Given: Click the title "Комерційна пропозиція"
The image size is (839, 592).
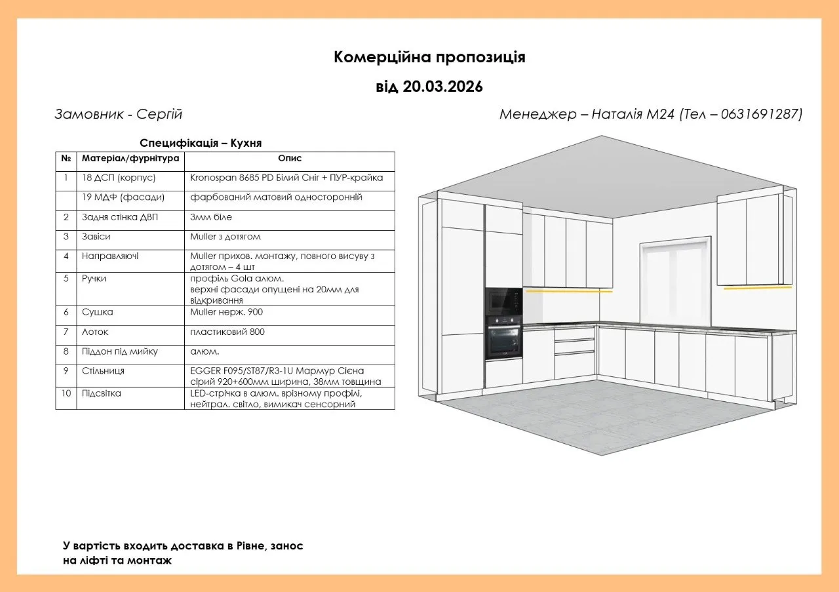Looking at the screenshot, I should pos(429,58).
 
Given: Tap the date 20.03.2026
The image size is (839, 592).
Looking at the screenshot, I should pos(443,87).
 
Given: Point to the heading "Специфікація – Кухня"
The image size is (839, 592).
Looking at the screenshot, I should pos(201,143).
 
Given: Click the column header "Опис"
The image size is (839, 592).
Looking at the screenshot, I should pos(290,159).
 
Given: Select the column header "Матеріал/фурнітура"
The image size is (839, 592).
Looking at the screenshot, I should pos(130,159).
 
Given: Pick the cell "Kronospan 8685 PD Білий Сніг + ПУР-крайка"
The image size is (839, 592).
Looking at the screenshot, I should pos(286,178).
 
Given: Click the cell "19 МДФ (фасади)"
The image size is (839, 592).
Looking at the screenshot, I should pos(123,197).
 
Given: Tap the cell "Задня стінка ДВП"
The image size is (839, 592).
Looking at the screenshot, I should pos(120,217).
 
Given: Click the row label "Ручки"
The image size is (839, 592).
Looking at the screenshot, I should pos(94,279).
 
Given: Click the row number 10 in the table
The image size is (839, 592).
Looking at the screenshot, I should pos(66,394).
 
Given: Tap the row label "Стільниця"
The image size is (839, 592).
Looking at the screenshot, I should pos(103,371).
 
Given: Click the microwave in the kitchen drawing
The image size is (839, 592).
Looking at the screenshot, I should pos(503,302).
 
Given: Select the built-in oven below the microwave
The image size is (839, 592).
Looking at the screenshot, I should pos(503,337).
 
